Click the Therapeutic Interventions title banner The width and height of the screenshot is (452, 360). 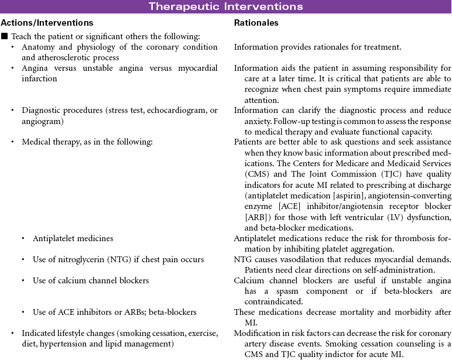226,6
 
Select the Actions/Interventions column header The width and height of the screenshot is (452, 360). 47,23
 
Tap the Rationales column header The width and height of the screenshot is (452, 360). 256,23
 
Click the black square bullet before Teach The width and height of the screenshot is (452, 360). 4,36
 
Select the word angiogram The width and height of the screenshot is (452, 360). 42,121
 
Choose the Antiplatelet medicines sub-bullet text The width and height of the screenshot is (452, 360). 73,239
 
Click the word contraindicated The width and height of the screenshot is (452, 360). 268,301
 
